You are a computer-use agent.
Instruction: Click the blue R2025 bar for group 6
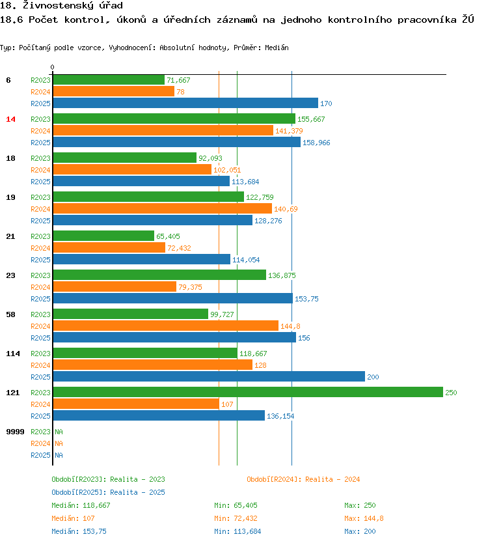click(185, 103)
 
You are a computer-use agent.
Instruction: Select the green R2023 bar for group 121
click(247, 392)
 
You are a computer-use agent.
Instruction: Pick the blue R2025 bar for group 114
click(208, 376)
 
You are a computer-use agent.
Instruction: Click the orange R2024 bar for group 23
click(114, 286)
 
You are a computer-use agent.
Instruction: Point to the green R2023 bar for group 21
click(103, 236)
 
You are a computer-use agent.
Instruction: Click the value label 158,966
click(316, 143)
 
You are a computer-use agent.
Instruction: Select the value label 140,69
click(286, 209)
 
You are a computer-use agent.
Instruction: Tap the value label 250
click(451, 393)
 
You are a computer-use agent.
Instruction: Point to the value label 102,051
click(227, 170)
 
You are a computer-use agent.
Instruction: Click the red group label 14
click(10, 119)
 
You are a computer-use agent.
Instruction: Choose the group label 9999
click(15, 432)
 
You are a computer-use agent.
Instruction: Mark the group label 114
click(12, 354)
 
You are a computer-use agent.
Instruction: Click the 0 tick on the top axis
click(53, 67)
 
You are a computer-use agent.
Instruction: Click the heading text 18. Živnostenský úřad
click(62, 6)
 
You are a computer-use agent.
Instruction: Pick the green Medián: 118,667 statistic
click(81, 505)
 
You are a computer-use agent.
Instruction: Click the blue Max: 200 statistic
click(360, 531)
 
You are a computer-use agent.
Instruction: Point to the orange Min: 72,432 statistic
click(236, 518)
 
